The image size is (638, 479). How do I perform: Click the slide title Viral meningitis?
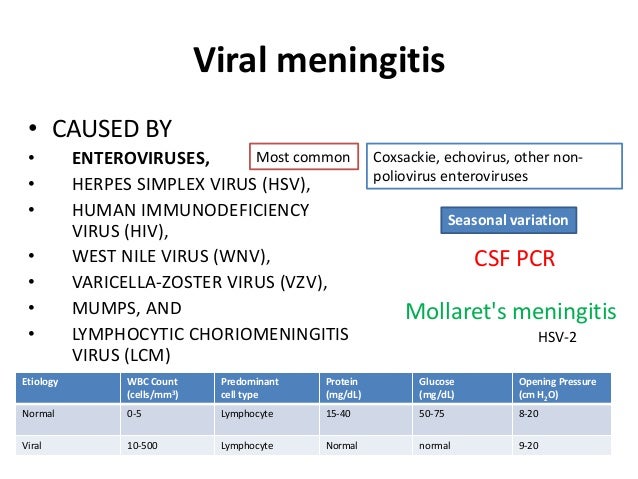coord(318,63)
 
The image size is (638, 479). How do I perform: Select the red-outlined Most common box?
coord(303,158)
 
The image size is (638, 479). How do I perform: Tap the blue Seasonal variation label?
coord(506,220)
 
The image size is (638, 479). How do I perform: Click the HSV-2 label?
coord(558,338)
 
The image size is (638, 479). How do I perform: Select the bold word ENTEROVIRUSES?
coord(141,158)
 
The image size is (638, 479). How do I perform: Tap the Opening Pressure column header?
coord(558,387)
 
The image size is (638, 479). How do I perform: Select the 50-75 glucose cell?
coord(436,411)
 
